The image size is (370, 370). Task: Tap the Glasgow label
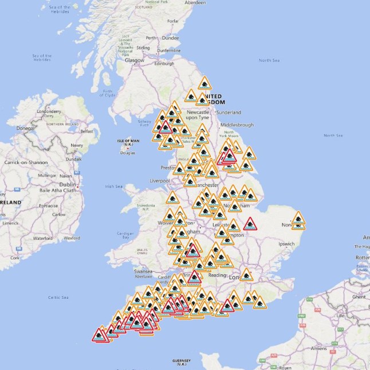click(135, 60)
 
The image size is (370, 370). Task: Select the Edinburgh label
click(164, 63)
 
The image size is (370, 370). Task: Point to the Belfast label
click(86, 131)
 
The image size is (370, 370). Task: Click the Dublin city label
click(67, 185)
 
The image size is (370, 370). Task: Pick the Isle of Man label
click(128, 142)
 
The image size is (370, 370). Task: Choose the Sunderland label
click(229, 112)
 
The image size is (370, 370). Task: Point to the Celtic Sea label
click(58, 297)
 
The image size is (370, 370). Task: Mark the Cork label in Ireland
click(15, 258)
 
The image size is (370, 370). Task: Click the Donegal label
click(25, 128)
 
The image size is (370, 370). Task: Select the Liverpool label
click(160, 181)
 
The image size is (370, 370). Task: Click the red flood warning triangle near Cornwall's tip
click(100, 334)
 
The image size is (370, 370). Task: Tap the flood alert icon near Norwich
click(298, 219)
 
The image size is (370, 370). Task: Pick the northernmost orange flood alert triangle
click(204, 83)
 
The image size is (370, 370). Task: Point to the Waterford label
click(43, 237)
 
